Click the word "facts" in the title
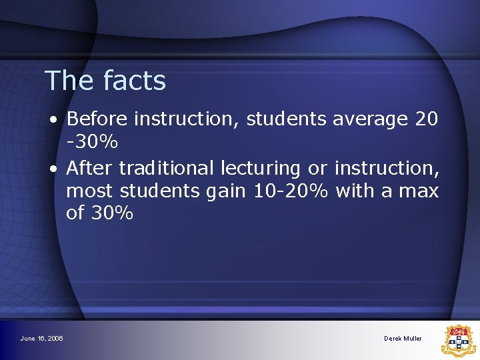click(x=135, y=81)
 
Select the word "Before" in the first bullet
click(x=98, y=119)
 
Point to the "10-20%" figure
click(x=291, y=191)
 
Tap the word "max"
click(x=418, y=192)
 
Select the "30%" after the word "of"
click(x=111, y=214)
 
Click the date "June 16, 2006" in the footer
click(x=42, y=339)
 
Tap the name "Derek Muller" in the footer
click(x=403, y=339)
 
